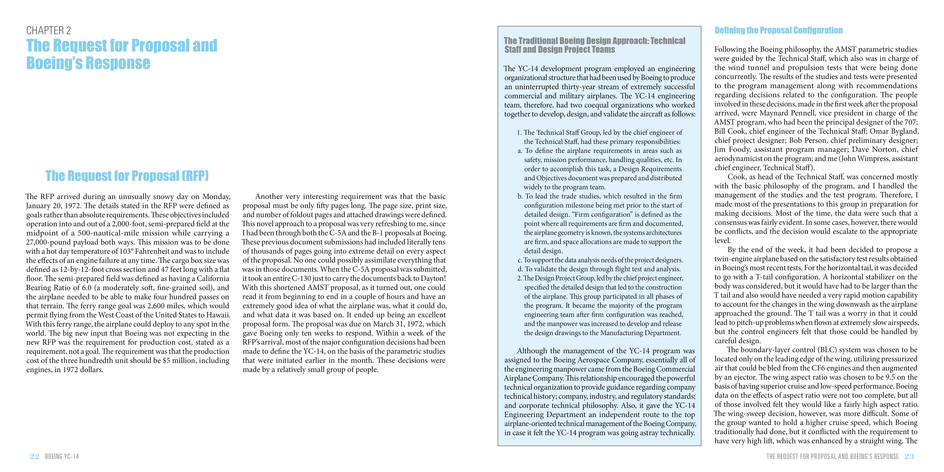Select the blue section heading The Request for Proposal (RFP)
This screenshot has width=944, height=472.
pos(127,176)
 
